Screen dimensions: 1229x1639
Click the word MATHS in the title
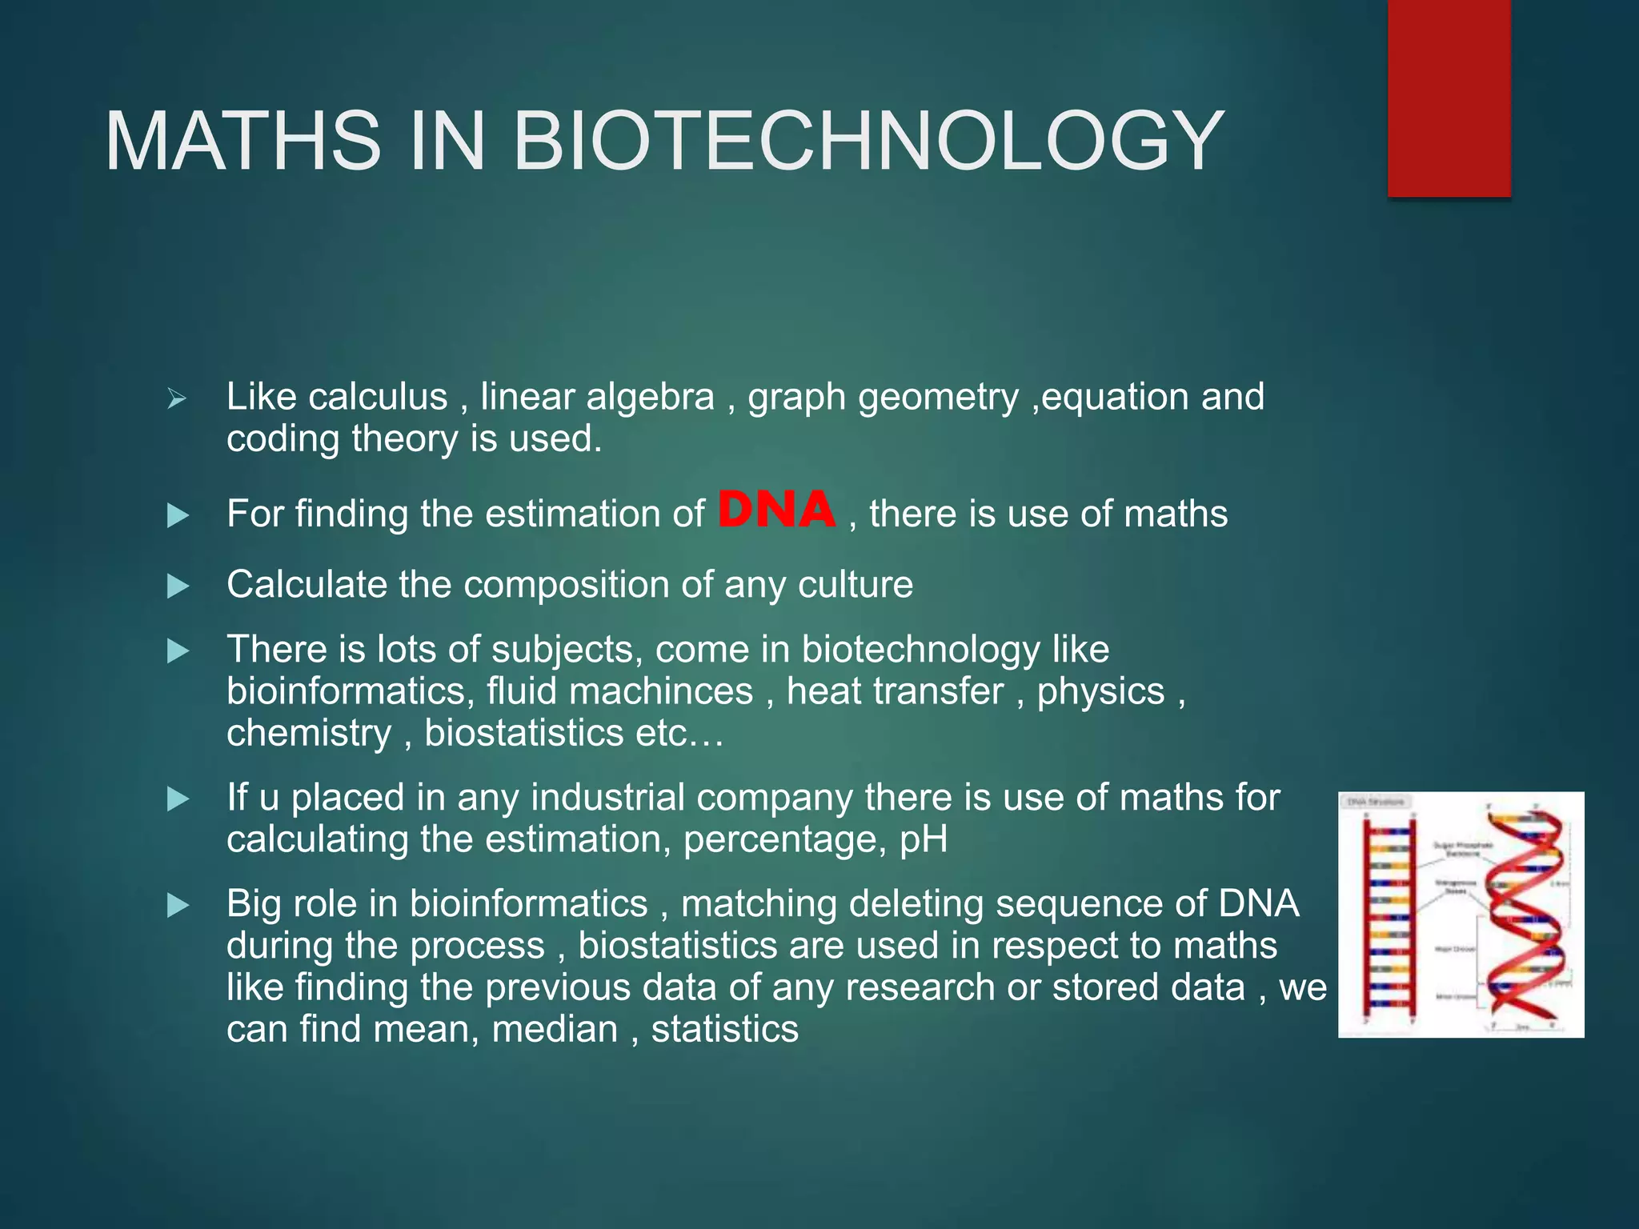point(242,142)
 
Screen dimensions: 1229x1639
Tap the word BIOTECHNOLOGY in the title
point(868,142)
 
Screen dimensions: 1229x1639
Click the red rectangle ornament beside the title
point(1449,98)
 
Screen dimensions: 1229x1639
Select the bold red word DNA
point(776,510)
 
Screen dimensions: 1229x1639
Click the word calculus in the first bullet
point(378,397)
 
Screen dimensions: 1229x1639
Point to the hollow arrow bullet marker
point(177,398)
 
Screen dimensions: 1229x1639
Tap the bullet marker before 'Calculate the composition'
point(178,586)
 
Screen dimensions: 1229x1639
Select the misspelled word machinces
point(661,691)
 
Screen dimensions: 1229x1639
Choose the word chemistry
point(309,734)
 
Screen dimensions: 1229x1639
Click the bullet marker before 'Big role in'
point(178,906)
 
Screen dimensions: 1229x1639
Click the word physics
point(1100,691)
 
